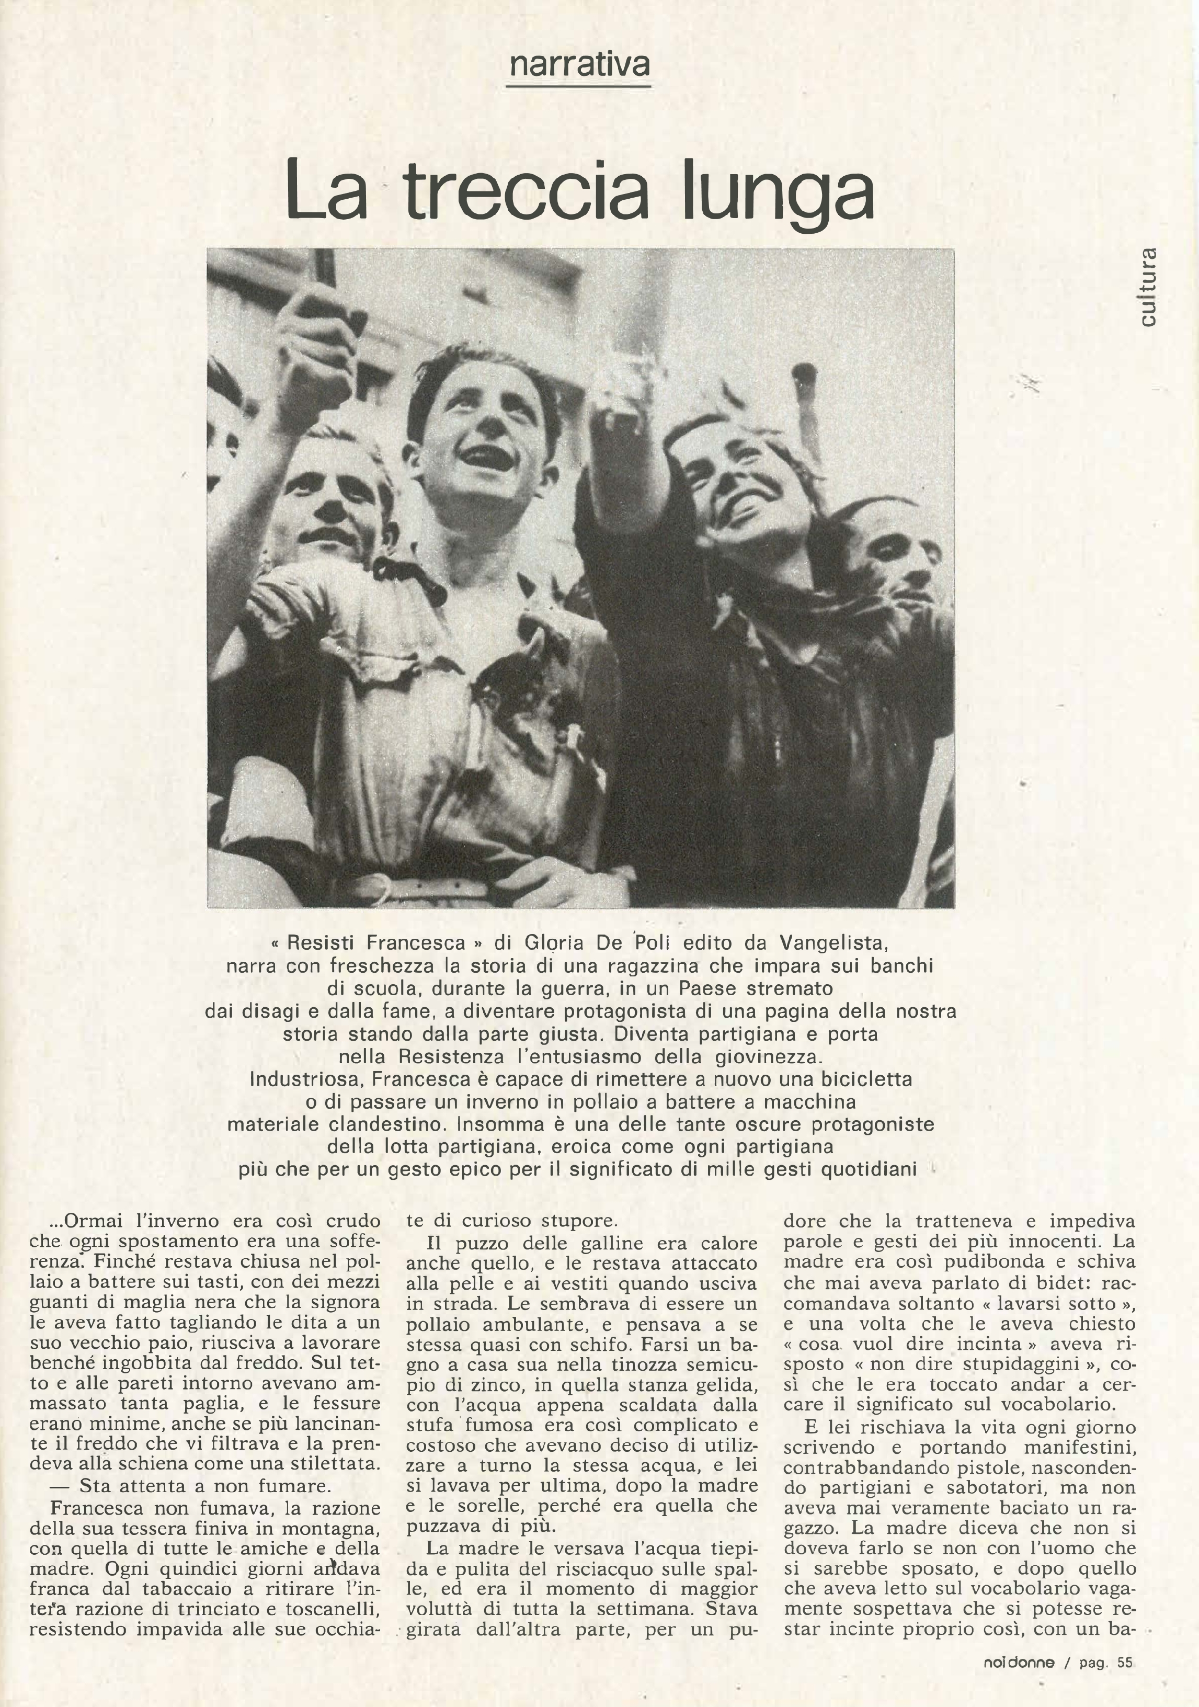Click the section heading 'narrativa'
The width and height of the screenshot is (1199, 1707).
pyautogui.click(x=578, y=65)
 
